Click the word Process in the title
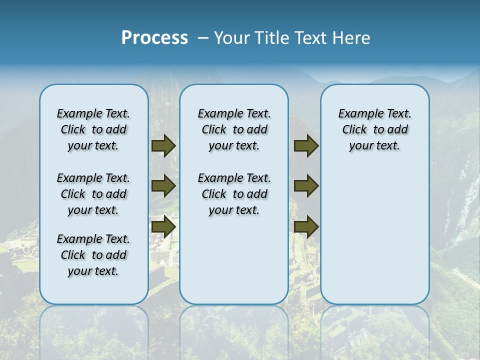[x=154, y=38]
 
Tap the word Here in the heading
[x=352, y=38]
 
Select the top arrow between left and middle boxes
[x=163, y=146]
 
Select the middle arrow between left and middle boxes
[x=163, y=186]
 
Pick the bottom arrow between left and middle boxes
[x=163, y=226]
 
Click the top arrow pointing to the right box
[x=306, y=146]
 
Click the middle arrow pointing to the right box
[x=306, y=186]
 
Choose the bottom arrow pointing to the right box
[x=306, y=226]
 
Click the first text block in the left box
[x=93, y=129]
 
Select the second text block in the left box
[x=93, y=194]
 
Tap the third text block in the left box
[x=93, y=255]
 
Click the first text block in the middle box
[x=234, y=129]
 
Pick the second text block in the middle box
[x=234, y=194]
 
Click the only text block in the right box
[x=374, y=129]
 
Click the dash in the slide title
[x=202, y=38]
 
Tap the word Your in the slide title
[x=232, y=38]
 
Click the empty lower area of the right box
[x=374, y=240]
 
